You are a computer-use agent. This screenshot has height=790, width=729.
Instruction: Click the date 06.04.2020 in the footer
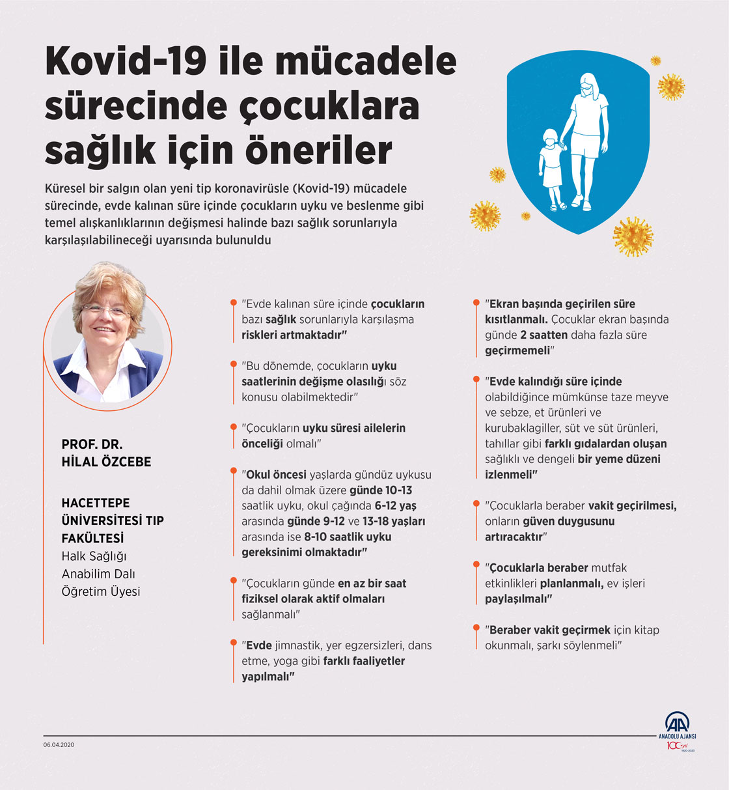59,744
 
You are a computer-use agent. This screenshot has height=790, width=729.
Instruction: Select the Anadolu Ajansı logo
677,729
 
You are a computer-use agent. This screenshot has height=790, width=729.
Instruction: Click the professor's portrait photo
109,337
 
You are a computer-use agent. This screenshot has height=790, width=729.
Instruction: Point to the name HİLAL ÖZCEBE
106,462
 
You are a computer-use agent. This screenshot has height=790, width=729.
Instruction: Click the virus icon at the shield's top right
670,86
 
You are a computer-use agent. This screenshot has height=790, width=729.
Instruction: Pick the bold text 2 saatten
543,335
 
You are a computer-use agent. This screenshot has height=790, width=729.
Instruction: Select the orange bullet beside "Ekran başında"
476,303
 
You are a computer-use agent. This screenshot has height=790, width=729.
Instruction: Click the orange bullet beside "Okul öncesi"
233,469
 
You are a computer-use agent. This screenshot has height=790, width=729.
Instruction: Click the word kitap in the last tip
646,630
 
